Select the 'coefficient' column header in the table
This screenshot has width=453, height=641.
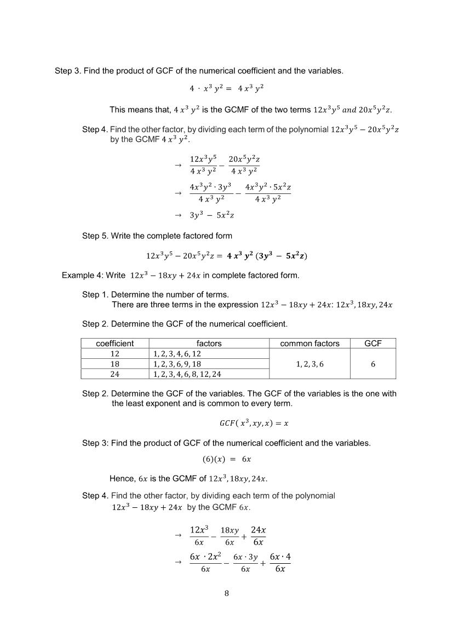tap(114, 344)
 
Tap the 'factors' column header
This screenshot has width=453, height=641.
tap(209, 344)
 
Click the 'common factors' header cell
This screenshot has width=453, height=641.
tap(309, 344)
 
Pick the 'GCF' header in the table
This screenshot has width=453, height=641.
tap(372, 344)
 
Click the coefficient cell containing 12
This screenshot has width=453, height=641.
tap(114, 354)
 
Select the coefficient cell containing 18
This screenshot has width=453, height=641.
tap(114, 364)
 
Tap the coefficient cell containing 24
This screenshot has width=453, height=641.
tap(114, 374)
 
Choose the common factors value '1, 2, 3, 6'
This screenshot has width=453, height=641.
tap(309, 364)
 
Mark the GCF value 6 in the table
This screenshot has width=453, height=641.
tap(372, 364)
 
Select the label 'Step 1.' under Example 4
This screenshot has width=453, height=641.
tap(95, 295)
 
